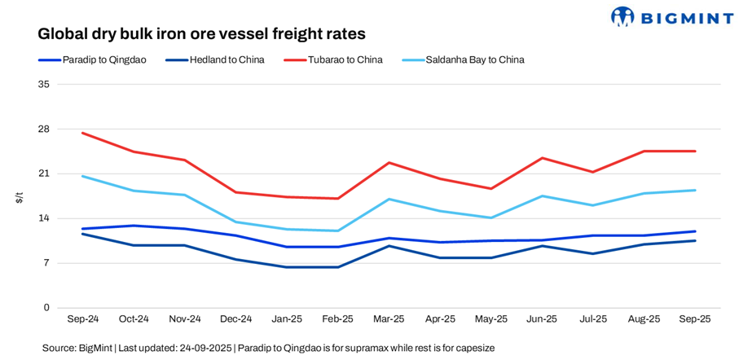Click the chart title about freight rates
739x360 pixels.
coord(201,34)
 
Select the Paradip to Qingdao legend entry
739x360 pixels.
coord(92,59)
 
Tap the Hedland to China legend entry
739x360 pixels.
coord(214,59)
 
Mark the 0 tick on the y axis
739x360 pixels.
coord(46,308)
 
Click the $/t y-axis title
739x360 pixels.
coord(20,196)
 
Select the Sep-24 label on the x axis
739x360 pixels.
coord(82,319)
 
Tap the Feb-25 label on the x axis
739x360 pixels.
coord(337,319)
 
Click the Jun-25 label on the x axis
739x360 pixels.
coord(542,319)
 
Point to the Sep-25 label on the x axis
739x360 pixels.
coord(695,319)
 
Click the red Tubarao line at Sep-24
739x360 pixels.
coord(82,133)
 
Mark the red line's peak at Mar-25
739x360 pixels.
coord(389,163)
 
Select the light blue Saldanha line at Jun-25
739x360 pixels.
coord(542,196)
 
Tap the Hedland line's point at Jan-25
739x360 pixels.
coord(287,267)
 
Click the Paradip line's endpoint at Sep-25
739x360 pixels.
coord(695,231)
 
